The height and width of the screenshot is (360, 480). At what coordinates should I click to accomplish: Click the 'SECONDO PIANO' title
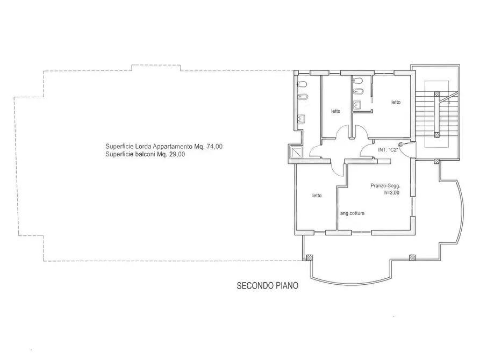268,286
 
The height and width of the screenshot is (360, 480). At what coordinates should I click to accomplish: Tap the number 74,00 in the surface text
214,147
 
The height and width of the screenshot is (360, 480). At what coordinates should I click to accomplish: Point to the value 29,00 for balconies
177,154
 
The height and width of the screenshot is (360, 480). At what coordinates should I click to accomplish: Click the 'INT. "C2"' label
388,150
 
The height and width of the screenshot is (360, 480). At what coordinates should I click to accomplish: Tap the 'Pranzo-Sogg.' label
385,186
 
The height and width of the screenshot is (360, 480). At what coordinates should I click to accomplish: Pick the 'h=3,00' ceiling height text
392,193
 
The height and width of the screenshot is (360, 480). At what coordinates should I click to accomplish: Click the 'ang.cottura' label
353,213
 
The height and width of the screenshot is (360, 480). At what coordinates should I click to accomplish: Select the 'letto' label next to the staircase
396,102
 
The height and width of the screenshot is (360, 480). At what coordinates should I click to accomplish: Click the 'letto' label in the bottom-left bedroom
317,196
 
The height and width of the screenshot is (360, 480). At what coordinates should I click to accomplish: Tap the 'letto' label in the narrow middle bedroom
336,111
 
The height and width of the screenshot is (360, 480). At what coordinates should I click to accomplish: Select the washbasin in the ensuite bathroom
357,105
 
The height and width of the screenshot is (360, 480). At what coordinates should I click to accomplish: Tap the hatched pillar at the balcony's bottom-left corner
310,257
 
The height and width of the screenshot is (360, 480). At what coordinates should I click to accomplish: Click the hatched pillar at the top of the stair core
437,94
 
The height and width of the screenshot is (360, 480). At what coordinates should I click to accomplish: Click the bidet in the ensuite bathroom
357,91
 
